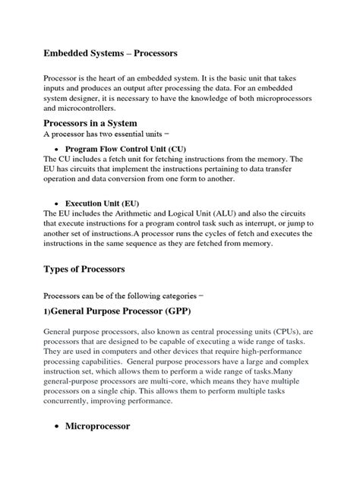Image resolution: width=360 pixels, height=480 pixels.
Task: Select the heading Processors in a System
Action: coord(103,124)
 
